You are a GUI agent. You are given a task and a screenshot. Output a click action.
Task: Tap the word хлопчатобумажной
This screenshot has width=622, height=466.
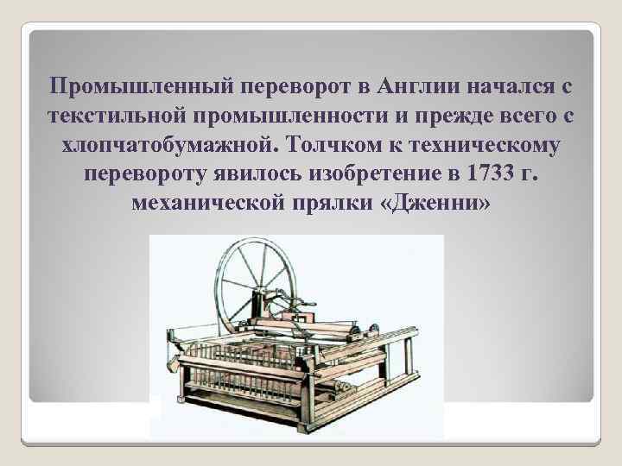165,146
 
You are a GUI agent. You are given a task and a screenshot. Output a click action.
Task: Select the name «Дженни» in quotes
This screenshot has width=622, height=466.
435,205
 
